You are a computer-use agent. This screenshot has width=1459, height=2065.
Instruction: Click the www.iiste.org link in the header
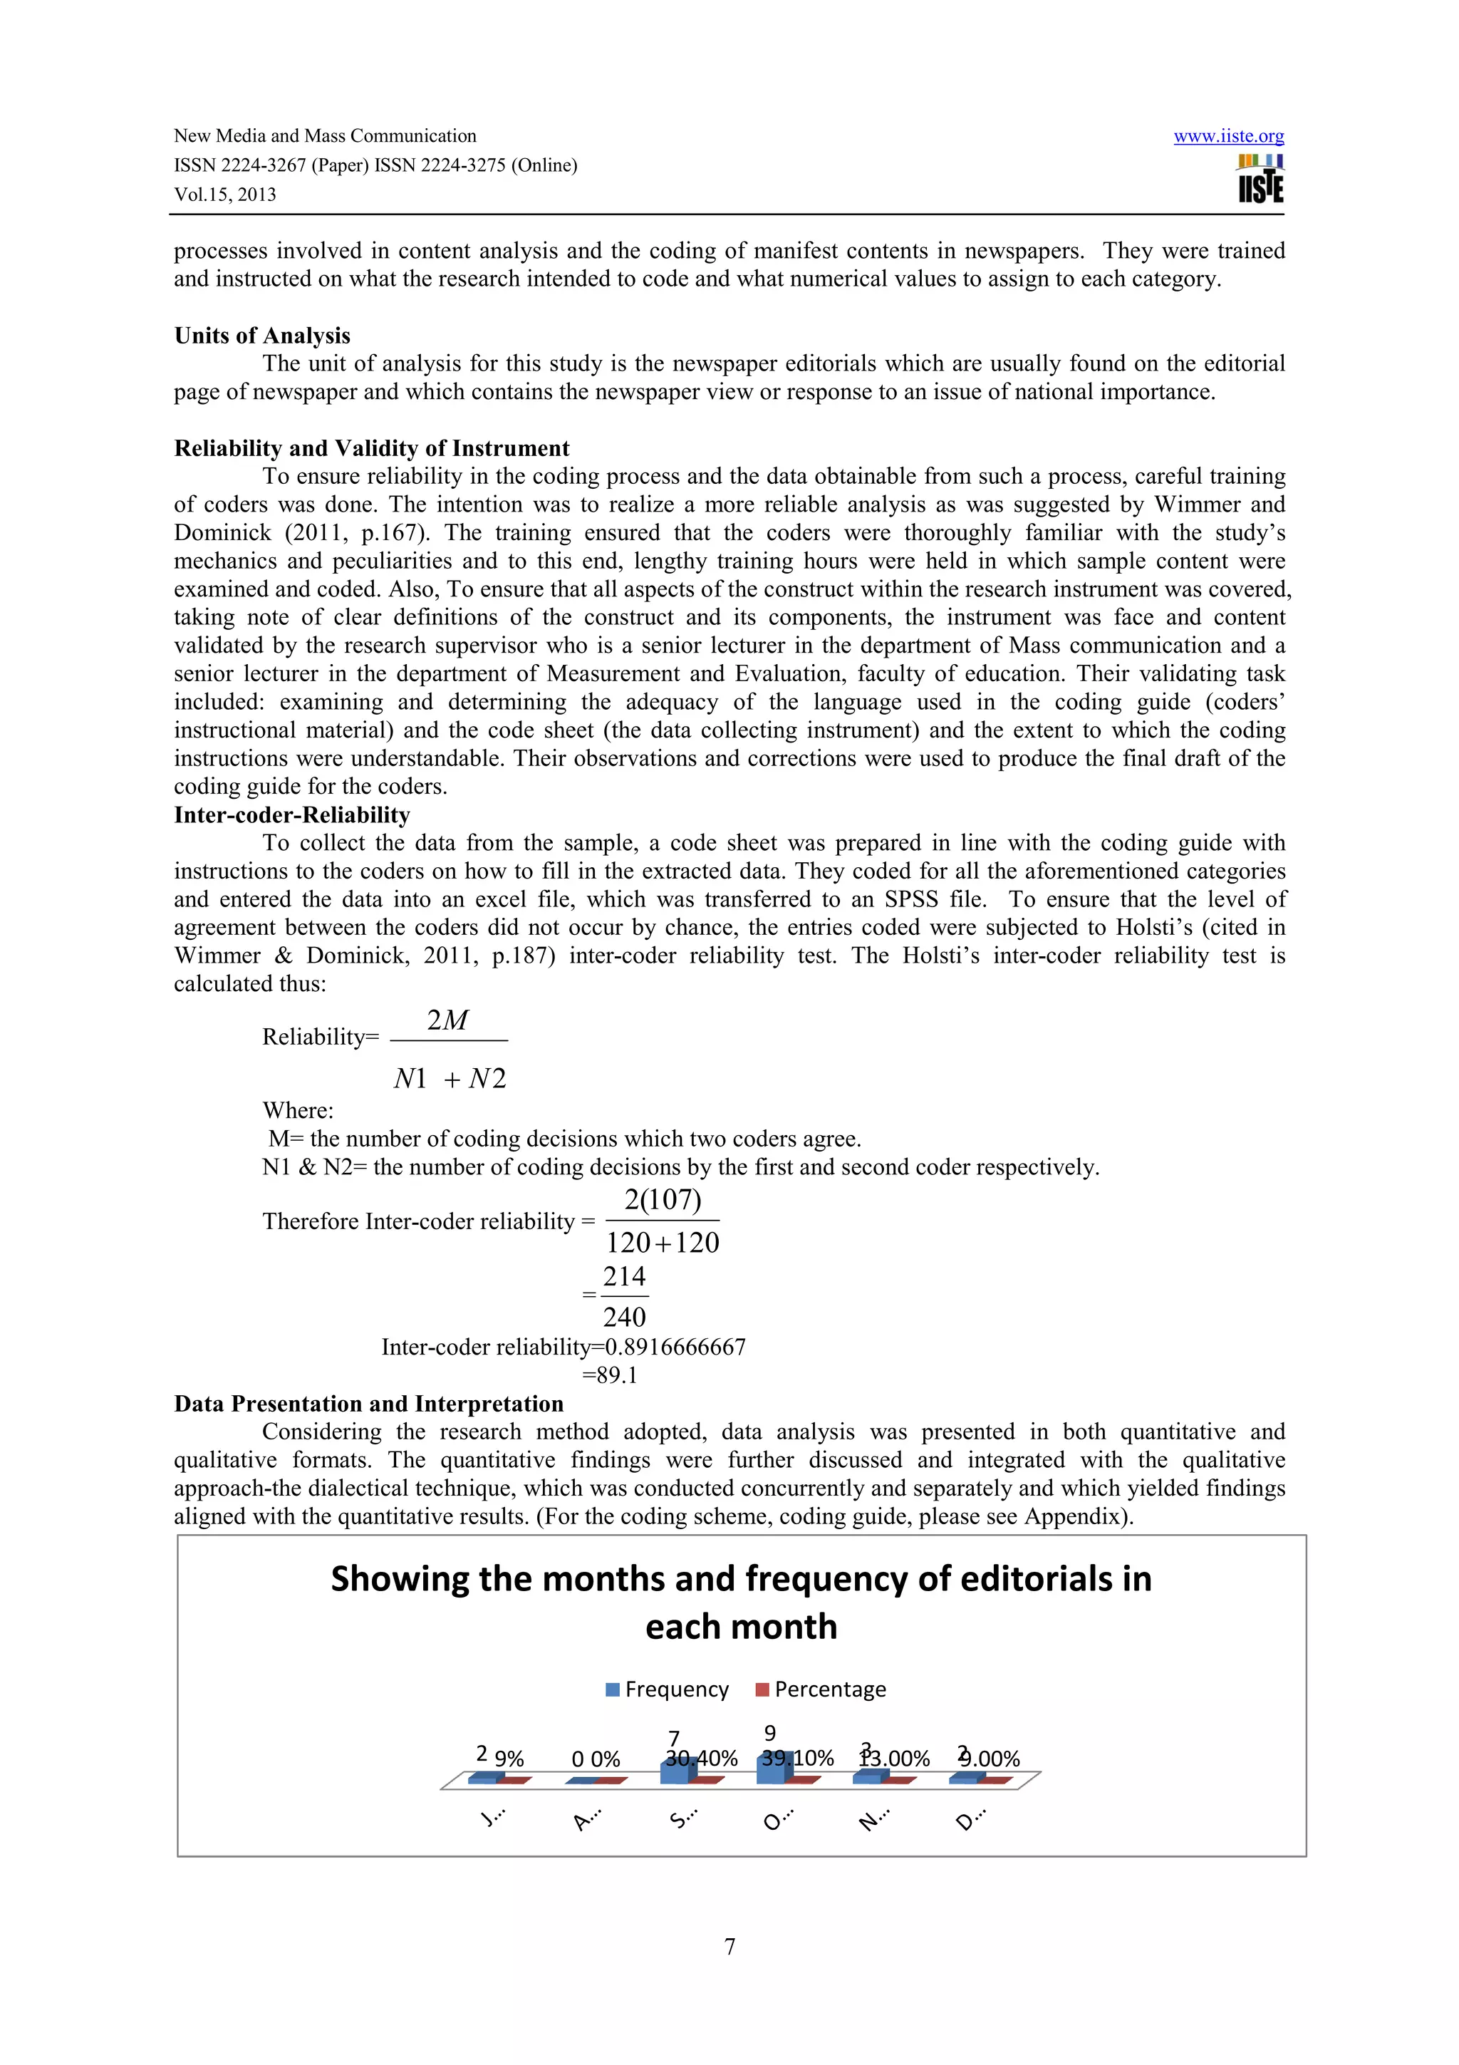pos(1228,136)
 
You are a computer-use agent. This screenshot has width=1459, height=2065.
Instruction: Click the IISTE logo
pos(1260,179)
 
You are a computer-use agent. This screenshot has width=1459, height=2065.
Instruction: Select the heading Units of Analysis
pos(261,336)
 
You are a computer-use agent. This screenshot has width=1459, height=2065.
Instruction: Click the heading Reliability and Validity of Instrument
pos(371,448)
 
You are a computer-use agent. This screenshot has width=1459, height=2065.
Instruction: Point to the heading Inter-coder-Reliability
pos(291,815)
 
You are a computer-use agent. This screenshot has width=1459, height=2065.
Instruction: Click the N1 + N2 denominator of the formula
pos(450,1078)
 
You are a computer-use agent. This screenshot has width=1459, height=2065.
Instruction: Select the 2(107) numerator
pos(663,1200)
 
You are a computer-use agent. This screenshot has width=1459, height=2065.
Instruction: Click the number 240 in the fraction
pos(624,1317)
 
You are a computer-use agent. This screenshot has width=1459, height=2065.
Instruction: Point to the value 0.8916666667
pos(675,1347)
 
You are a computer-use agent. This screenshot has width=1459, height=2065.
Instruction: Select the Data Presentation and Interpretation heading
pos(368,1404)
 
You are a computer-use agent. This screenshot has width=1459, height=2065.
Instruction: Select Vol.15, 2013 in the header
pos(224,195)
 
